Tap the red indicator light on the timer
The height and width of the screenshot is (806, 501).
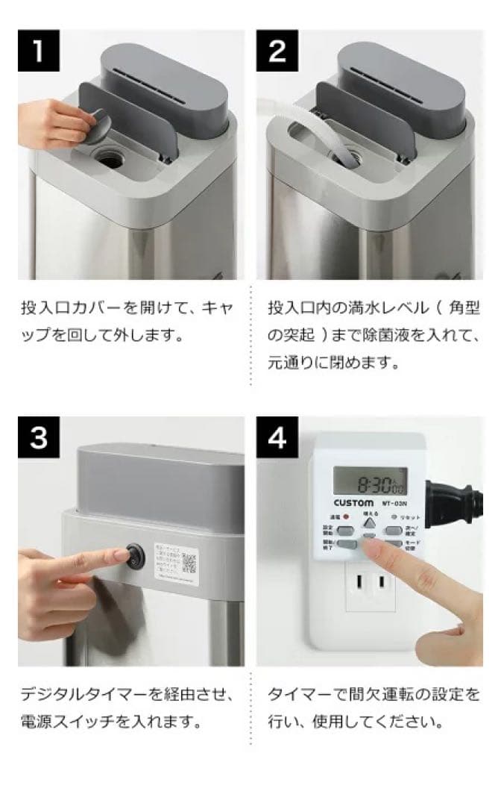pyautogui.click(x=346, y=516)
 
